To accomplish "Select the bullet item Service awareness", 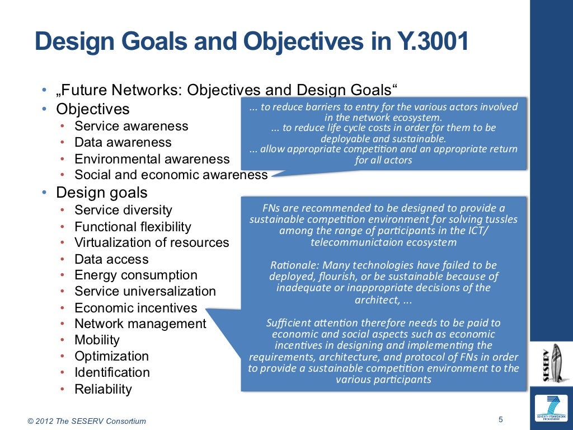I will click(131, 126).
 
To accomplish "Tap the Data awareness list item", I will click(123, 142).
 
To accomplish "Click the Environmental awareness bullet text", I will click(152, 159).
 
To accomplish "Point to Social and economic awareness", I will click(171, 175).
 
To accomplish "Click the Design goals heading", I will click(101, 193).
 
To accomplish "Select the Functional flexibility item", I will click(133, 227).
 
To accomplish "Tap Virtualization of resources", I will click(152, 242).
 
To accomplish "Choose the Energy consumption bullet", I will click(135, 275).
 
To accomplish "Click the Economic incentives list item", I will click(135, 308).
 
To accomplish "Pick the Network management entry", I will click(140, 324).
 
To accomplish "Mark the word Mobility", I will click(97, 340).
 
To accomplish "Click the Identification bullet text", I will click(112, 372).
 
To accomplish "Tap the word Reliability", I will click(103, 389).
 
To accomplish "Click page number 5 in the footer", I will click(500, 419).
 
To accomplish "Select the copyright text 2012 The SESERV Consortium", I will click(90, 421).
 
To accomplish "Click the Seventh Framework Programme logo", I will click(551, 409).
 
